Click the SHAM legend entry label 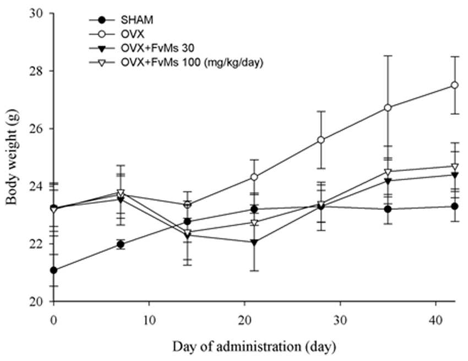click(137, 20)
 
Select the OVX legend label click(132, 34)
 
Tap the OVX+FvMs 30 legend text click(157, 48)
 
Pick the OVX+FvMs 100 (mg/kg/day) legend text click(192, 63)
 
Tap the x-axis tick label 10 click(149, 321)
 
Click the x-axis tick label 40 click(436, 321)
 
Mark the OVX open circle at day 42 click(455, 85)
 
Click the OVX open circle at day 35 click(388, 108)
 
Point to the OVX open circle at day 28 click(321, 140)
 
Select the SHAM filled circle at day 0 click(54, 270)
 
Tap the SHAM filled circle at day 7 click(121, 245)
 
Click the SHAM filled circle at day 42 click(455, 206)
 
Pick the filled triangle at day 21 click(254, 242)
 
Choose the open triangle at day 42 click(455, 166)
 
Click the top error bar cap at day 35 click(388, 55)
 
